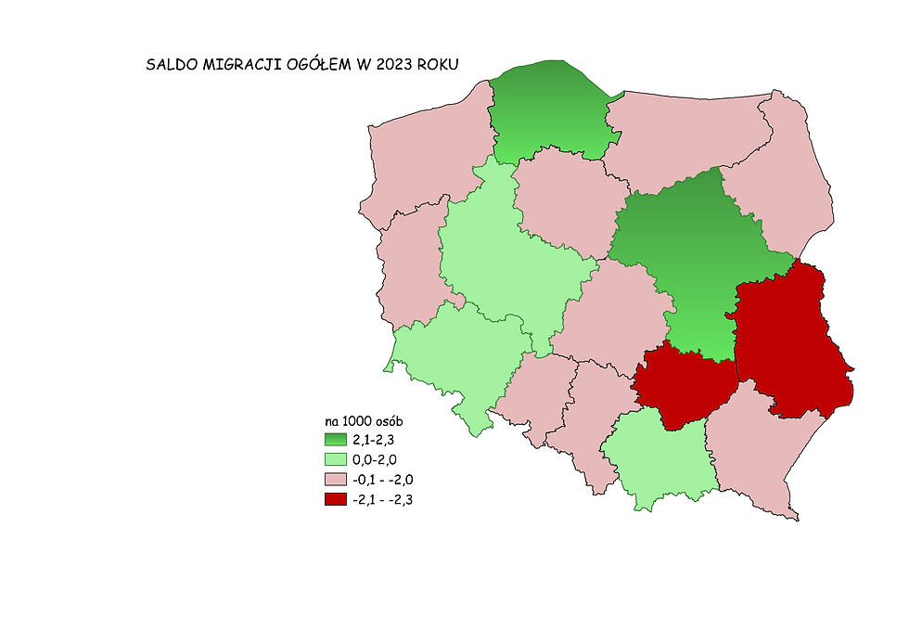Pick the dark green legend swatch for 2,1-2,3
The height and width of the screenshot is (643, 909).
pos(335,440)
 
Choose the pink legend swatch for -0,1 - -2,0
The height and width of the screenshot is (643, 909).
pos(335,480)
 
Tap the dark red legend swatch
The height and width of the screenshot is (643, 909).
pos(335,500)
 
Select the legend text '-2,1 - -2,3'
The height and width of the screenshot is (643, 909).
pos(382,500)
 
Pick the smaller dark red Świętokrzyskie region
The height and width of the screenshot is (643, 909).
pos(682,385)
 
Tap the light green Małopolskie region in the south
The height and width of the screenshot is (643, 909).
pos(660,459)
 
